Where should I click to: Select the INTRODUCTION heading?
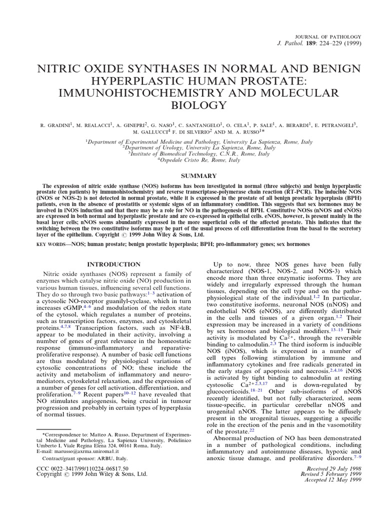pyautogui.click(x=114, y=264)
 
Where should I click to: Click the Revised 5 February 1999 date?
pyautogui.click(x=329, y=474)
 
